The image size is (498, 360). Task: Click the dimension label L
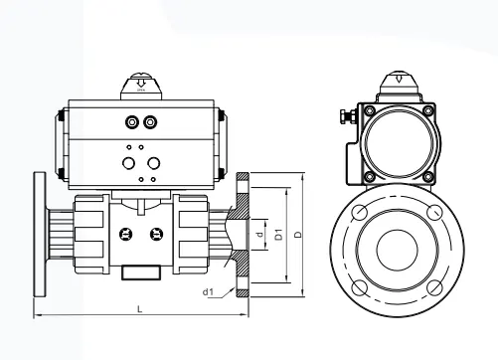140,309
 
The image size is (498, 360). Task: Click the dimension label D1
279,234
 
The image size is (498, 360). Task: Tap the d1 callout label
208,292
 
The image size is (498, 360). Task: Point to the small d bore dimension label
260,234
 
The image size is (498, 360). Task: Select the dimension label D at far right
298,235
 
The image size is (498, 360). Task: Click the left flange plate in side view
40,235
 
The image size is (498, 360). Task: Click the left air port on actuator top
132,122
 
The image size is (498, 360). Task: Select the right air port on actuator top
150,122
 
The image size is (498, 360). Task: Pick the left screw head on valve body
126,234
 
